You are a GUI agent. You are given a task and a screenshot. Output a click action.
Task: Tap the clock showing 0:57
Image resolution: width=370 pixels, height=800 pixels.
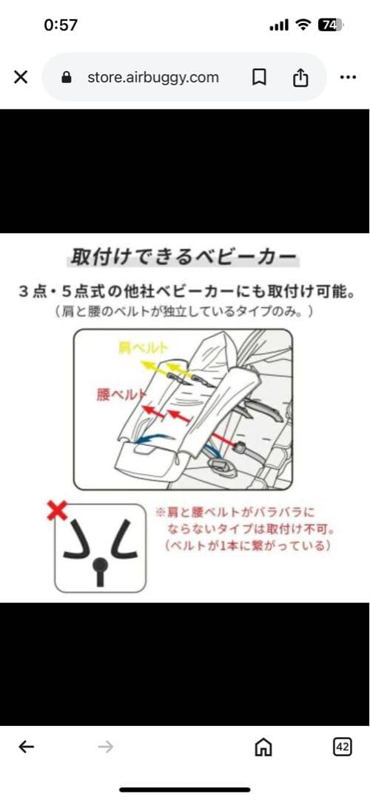[61, 25]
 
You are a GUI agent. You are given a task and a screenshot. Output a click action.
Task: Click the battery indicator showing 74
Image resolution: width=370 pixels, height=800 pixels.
[328, 25]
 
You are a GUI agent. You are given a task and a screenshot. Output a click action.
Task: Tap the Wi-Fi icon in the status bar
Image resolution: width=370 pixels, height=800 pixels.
[302, 25]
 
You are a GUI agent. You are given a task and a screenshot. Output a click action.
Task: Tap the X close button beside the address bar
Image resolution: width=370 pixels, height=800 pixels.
[21, 77]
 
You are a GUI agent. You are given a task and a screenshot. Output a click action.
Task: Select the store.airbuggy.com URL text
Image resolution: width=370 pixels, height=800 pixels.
[152, 77]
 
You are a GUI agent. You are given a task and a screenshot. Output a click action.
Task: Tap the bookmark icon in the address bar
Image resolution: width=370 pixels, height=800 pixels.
[259, 77]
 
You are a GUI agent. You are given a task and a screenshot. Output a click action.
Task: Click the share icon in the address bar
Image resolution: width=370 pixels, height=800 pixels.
[300, 77]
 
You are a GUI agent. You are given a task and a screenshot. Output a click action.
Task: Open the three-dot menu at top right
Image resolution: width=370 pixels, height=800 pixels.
[348, 77]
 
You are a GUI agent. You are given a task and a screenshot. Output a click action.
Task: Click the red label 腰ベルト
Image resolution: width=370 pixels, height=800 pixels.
[119, 394]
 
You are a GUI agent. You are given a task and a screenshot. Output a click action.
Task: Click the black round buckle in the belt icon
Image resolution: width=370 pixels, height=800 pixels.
[99, 564]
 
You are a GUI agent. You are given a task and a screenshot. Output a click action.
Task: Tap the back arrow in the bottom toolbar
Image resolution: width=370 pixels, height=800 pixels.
[27, 747]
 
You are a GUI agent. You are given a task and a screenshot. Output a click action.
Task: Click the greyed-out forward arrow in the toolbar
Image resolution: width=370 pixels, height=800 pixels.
[106, 747]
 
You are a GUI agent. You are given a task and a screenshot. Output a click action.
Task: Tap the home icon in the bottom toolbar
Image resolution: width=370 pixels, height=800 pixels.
[263, 747]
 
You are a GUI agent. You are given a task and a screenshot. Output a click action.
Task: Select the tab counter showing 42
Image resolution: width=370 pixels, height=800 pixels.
[342, 747]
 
